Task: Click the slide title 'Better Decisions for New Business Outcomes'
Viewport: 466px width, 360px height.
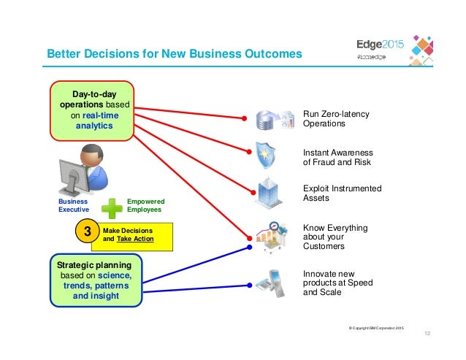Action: coord(174,53)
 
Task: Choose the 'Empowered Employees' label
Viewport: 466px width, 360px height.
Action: coord(145,205)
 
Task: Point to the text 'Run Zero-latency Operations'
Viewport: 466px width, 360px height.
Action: coord(336,119)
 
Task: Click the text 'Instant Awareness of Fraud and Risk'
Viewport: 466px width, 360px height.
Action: coord(337,157)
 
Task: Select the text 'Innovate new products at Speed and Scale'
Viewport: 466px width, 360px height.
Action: coord(337,283)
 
